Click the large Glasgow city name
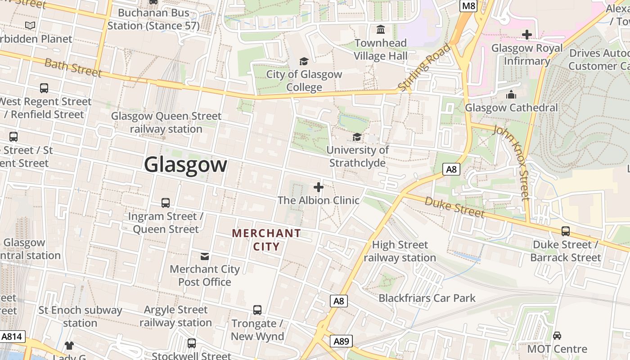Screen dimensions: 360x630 (185, 164)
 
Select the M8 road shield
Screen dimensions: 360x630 (468, 6)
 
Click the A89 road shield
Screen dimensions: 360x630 (341, 342)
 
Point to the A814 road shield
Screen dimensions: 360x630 (12, 337)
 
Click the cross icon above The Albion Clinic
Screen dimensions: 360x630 (319, 187)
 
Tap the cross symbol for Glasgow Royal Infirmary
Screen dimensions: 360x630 (526, 35)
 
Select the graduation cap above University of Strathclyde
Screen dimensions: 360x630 (357, 137)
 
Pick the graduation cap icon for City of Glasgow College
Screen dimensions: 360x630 (304, 61)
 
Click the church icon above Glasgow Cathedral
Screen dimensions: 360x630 (511, 94)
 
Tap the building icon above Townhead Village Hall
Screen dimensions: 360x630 (381, 30)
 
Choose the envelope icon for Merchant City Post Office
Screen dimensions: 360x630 (205, 256)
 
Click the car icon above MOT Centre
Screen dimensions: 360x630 (557, 336)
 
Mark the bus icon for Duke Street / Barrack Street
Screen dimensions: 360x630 (565, 231)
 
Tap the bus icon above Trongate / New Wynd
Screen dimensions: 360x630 (257, 310)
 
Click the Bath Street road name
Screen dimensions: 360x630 (73, 67)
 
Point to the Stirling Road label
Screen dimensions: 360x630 (424, 68)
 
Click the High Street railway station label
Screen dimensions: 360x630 (400, 251)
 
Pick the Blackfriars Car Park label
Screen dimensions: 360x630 (427, 298)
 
